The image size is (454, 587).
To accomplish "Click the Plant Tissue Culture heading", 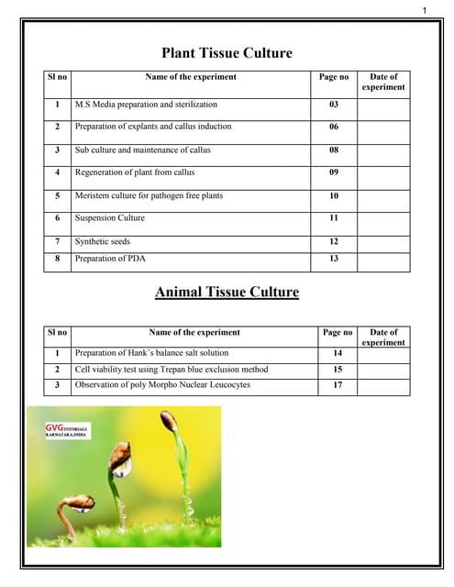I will coord(227,53).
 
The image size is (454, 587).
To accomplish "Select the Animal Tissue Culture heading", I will coord(227,293).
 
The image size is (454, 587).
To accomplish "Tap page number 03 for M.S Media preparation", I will coord(334,105).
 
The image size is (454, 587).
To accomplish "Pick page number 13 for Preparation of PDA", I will coord(334,259).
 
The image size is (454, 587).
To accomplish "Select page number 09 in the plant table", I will coord(334,172).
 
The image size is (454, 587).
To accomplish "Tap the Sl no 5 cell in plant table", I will coord(58,195).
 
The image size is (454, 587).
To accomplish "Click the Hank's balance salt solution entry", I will coord(151,352).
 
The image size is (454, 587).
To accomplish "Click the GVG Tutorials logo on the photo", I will coord(68,431).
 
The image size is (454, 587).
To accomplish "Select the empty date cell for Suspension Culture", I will coord(382,217).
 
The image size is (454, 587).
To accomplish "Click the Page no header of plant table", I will coord(334,77).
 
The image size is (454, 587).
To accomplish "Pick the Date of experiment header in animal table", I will coord(382,337).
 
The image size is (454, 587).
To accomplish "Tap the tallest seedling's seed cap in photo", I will coord(169,421).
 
